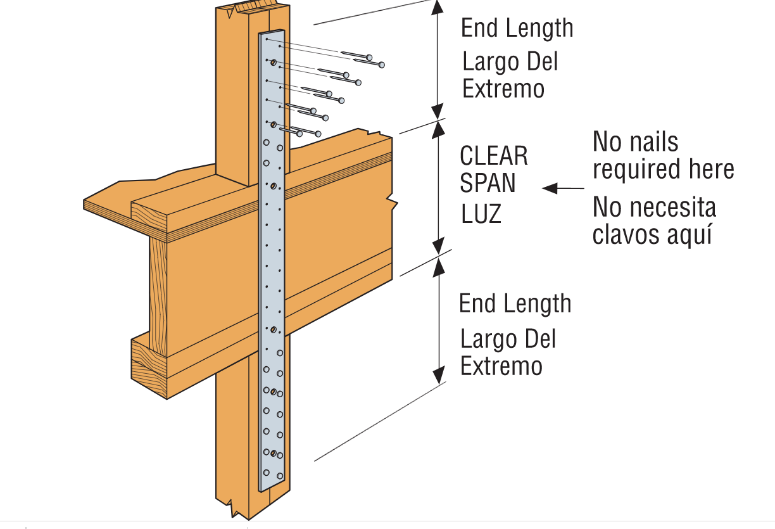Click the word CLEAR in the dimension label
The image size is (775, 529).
[x=494, y=156]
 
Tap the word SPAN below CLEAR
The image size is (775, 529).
[x=488, y=184]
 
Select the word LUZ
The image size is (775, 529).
[x=481, y=214]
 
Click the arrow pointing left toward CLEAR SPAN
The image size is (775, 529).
[x=551, y=188]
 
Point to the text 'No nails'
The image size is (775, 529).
[x=635, y=142]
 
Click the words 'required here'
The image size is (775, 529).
[x=663, y=170]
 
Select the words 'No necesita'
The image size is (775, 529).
[x=654, y=208]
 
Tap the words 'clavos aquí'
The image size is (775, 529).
[x=652, y=234]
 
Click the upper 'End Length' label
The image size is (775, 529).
[x=517, y=29]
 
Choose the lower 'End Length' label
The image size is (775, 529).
[x=515, y=304]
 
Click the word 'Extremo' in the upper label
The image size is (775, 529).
[x=503, y=89]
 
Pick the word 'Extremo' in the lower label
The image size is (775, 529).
[x=501, y=367]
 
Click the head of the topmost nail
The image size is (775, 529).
[x=382, y=64]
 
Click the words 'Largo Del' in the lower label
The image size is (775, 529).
[x=508, y=340]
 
